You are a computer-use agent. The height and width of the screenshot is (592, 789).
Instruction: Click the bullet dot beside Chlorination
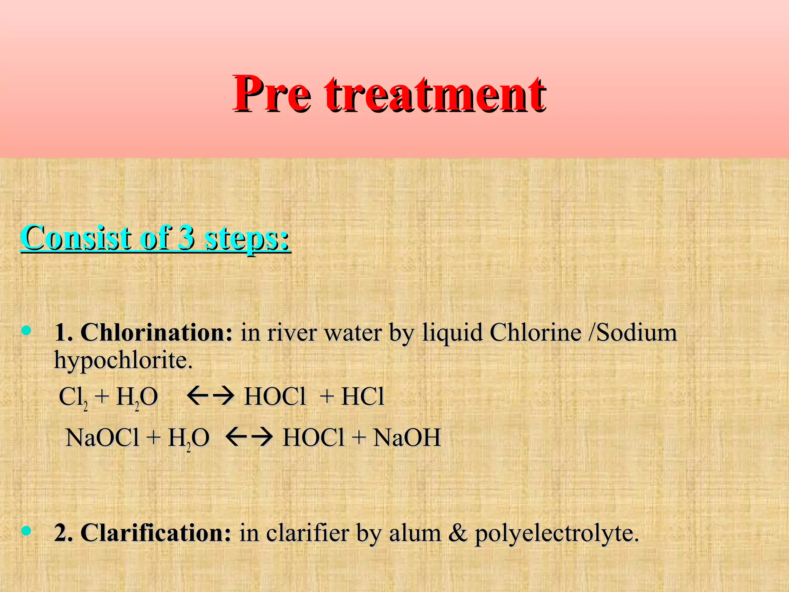pos(27,330)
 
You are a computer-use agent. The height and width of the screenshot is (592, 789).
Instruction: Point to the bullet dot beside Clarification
pos(27,531)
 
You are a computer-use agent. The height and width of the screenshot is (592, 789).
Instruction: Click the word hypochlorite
pos(123,361)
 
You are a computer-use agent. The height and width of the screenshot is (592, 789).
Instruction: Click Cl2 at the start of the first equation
pos(73,397)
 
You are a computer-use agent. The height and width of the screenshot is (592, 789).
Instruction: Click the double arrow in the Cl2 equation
pos(210,396)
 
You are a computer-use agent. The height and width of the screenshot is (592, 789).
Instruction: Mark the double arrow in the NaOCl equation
pos(249,437)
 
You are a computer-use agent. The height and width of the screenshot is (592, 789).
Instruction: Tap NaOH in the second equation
pos(407,437)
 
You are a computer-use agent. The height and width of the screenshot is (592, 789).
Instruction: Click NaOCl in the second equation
pos(102,437)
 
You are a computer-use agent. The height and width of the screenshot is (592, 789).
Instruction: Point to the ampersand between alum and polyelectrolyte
pos(458,533)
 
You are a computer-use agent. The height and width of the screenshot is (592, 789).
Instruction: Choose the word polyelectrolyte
pos(556,534)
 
